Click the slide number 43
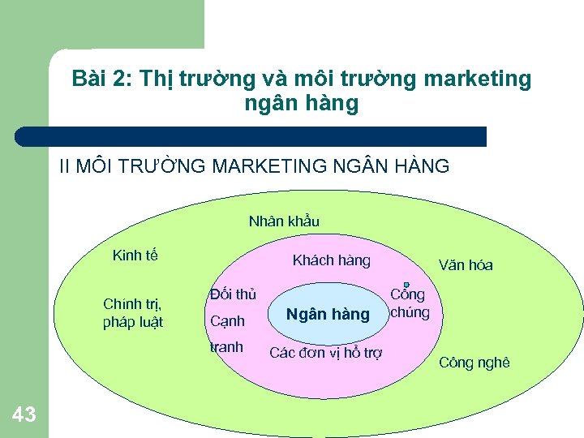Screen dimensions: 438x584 tap(24, 415)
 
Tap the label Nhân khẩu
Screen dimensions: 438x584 tap(284, 221)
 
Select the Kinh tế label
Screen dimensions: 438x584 tap(135, 256)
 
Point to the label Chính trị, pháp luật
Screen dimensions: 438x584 tap(133, 313)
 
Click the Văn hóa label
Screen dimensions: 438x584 tap(465, 265)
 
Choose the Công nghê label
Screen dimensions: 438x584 tap(474, 363)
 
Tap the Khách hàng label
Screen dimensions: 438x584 tap(331, 260)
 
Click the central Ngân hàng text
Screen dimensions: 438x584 tap(328, 314)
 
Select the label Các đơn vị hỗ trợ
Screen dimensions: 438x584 tap(326, 352)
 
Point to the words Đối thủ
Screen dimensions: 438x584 tap(233, 294)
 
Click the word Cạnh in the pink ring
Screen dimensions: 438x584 tap(227, 321)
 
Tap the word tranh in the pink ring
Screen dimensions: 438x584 tap(226, 347)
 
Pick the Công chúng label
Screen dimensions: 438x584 tap(409, 303)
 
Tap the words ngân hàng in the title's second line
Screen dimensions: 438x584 tap(300, 104)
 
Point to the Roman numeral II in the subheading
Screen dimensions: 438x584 tap(65, 167)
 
